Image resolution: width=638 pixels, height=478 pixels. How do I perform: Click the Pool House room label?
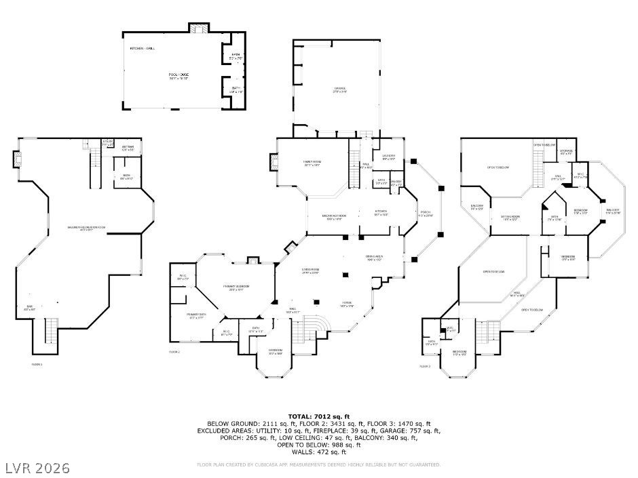(x=179, y=75)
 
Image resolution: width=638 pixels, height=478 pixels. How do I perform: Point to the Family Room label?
(x=312, y=163)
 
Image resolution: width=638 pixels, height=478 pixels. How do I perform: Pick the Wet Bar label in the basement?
(x=128, y=148)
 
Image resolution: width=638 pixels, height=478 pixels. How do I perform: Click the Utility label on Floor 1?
(x=107, y=142)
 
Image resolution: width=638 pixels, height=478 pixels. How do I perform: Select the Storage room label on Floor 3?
(x=566, y=152)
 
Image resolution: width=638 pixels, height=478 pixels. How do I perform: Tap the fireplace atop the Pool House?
(x=199, y=28)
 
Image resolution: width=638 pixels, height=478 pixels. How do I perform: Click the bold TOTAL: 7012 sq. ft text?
(x=318, y=416)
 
